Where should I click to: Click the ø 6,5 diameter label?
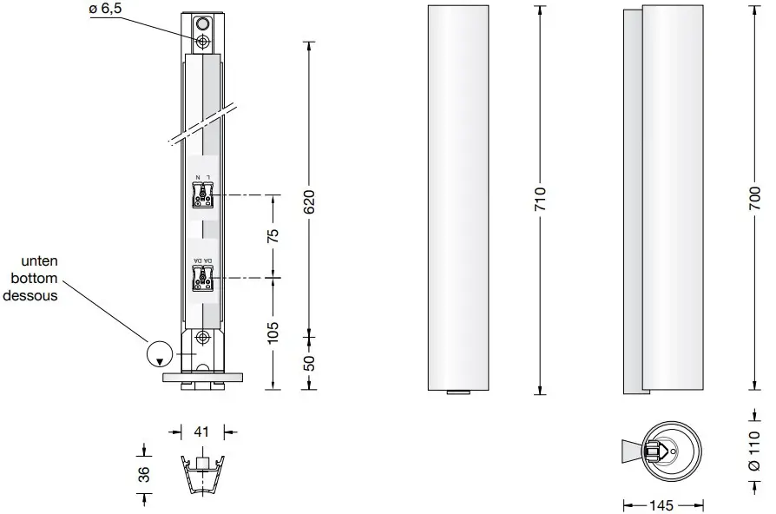click(108, 10)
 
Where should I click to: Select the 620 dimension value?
click(308, 201)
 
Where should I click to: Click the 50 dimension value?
click(308, 360)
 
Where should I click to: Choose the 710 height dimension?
click(540, 201)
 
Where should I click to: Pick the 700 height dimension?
click(757, 201)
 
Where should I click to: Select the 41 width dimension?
click(202, 430)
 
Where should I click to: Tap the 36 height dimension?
click(143, 474)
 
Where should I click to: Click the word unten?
click(40, 261)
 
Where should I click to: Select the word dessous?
click(31, 295)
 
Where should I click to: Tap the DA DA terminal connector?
click(202, 277)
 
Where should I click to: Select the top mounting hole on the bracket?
click(202, 43)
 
